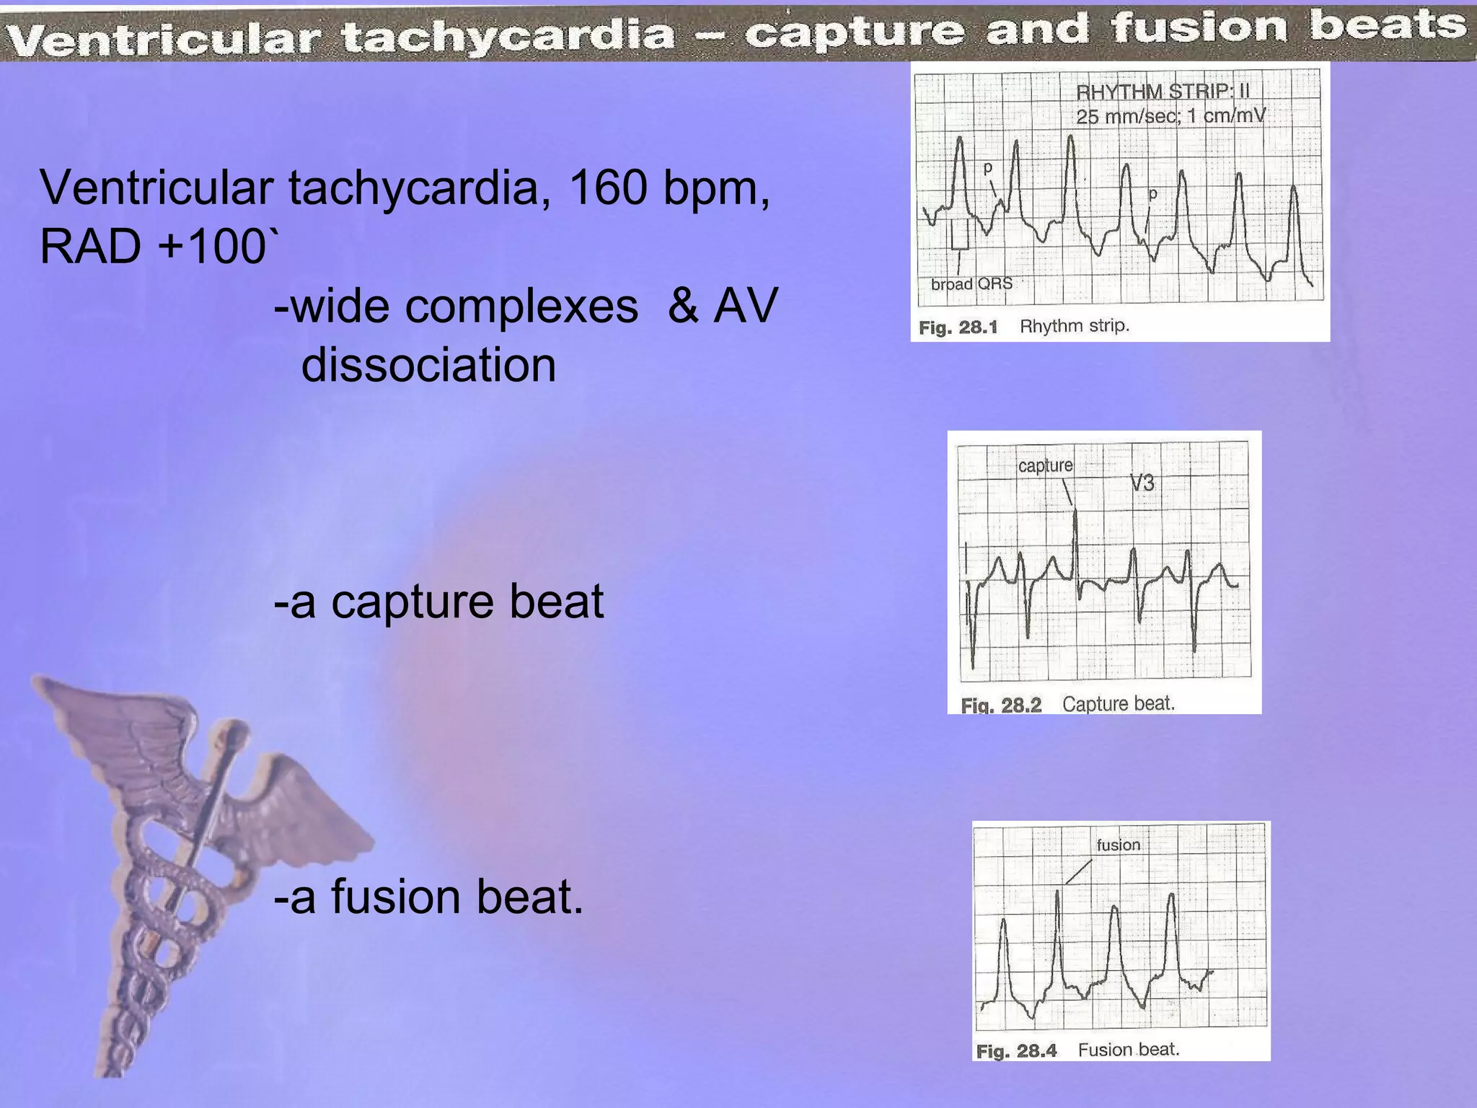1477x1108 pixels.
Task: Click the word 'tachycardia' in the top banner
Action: [508, 35]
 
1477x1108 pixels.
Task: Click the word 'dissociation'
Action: [428, 364]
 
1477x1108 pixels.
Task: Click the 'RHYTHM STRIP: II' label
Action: [1163, 92]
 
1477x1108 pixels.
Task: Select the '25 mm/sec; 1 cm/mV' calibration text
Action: [1170, 115]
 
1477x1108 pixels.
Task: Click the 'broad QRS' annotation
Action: [971, 283]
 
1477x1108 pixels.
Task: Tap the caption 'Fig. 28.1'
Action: [958, 327]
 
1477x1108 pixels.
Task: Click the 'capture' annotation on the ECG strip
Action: [1045, 466]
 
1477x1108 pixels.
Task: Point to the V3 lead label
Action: [1142, 483]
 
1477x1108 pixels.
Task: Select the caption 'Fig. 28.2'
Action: [1001, 705]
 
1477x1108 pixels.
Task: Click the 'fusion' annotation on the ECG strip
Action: [1118, 845]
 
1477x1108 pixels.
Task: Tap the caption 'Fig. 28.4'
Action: [1015, 1051]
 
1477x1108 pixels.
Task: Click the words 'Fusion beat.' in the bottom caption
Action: [1128, 1050]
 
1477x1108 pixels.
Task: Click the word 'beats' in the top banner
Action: [1388, 26]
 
